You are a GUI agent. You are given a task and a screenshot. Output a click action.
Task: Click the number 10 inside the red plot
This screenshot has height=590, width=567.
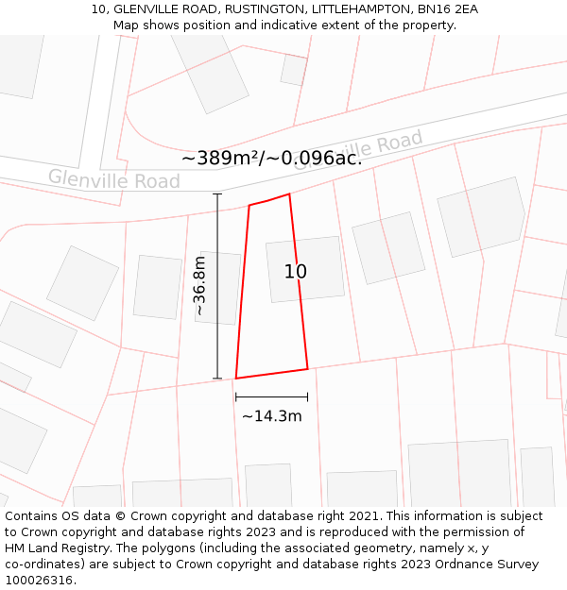296,272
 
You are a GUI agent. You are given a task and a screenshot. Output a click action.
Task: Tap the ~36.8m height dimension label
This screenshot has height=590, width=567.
200,285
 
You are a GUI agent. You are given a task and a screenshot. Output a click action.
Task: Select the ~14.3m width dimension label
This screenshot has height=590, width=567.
272,416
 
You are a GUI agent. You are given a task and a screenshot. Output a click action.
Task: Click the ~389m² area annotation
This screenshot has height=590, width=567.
228,159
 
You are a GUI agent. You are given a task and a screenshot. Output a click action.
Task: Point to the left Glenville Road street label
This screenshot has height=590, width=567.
113,178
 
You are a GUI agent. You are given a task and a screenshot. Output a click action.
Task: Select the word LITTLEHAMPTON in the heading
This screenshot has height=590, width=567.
360,9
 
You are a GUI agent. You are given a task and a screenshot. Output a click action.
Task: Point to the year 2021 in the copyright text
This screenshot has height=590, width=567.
363,516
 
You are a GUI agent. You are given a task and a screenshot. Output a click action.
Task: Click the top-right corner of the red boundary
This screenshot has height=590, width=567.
289,194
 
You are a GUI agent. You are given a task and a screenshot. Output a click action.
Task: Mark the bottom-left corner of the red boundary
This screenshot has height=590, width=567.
235,379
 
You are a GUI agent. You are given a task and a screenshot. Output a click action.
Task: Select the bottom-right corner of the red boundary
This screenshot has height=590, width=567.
308,368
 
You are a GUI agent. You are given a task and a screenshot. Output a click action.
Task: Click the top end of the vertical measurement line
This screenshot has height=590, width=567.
217,194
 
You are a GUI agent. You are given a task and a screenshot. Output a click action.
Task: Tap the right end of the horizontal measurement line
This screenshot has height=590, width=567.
308,397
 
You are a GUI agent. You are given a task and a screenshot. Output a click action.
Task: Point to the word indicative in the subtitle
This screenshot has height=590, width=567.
307,25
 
